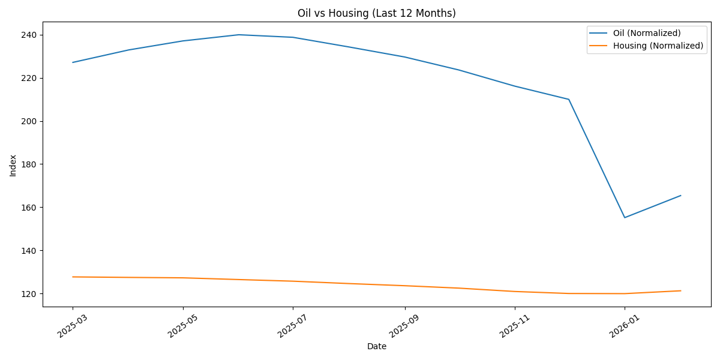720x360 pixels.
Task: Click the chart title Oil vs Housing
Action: click(x=376, y=13)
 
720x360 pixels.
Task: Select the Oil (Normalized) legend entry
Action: click(x=646, y=33)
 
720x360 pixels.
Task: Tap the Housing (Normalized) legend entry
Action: click(x=658, y=46)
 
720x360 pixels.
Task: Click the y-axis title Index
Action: click(x=13, y=165)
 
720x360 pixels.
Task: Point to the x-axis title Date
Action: click(x=376, y=347)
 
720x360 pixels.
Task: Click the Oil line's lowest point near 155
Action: click(x=625, y=217)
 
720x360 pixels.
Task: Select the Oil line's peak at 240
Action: click(x=239, y=35)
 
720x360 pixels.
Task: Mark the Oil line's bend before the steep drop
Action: click(x=569, y=99)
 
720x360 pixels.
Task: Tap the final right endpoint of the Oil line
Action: click(x=680, y=196)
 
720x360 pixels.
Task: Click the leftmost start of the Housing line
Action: click(x=73, y=277)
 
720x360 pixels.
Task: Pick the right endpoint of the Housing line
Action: click(x=680, y=291)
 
